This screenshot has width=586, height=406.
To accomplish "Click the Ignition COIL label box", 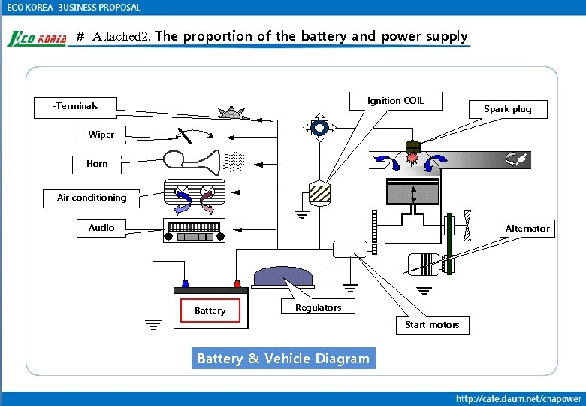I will click(x=395, y=101).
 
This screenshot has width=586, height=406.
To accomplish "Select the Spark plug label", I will click(x=507, y=109).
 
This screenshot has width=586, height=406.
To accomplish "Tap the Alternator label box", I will click(x=527, y=229).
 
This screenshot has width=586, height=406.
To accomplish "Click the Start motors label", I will click(x=432, y=325).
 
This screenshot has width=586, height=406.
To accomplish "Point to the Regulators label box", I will click(x=318, y=308).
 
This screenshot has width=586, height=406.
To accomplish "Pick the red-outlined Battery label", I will click(x=210, y=311).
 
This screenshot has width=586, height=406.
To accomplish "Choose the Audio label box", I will click(x=101, y=227).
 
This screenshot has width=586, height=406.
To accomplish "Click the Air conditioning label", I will click(x=92, y=198).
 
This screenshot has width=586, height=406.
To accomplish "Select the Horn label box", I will click(x=97, y=164).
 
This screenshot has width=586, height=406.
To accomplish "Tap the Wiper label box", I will click(x=101, y=135).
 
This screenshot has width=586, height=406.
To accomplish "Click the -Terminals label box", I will click(x=76, y=106).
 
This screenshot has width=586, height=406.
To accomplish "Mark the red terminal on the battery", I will click(x=237, y=284).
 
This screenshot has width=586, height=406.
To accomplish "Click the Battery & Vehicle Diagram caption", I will click(x=282, y=359).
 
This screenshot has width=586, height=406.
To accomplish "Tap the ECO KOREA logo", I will click(x=37, y=38).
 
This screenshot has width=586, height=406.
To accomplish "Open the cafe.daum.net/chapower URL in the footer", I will click(x=518, y=398).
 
